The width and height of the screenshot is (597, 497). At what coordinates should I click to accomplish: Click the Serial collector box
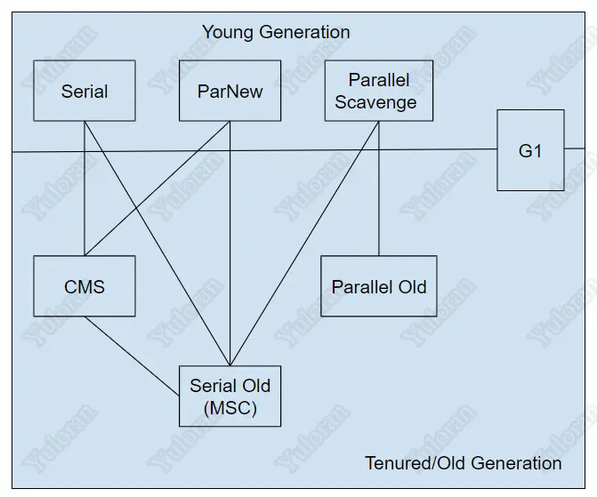[85, 91]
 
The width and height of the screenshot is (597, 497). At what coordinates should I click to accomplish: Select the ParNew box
[230, 91]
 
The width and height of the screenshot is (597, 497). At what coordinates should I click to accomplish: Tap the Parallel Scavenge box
[378, 91]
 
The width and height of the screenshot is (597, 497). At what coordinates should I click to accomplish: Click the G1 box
[530, 150]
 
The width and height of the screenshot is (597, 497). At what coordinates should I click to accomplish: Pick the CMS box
[85, 286]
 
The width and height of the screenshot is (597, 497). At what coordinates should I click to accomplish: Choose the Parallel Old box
[379, 286]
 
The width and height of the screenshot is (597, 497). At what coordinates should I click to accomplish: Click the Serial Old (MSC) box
[230, 397]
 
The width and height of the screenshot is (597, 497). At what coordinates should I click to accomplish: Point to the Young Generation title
[276, 33]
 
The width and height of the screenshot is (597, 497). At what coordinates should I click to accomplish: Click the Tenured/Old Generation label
[463, 463]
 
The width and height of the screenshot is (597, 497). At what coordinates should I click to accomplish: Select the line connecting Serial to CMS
[85, 204]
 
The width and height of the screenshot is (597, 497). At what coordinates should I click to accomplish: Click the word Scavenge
[375, 102]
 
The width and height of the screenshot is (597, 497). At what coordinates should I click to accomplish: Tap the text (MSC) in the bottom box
[230, 408]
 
